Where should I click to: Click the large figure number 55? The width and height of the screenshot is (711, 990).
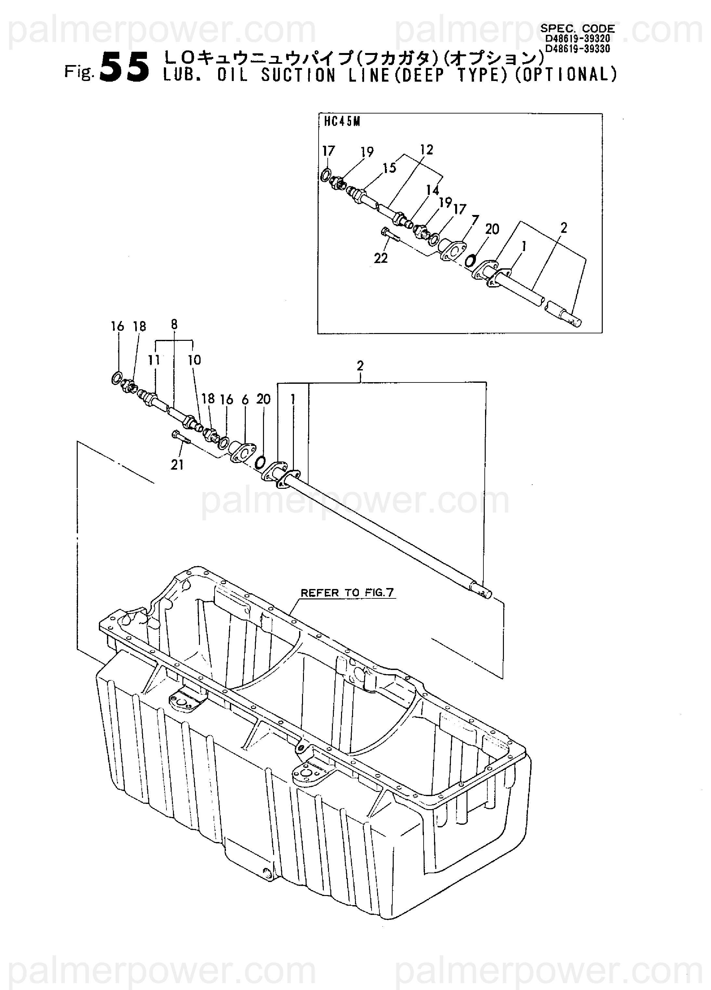point(125,67)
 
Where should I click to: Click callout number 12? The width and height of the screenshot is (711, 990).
point(427,150)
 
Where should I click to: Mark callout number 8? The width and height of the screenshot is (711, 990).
point(174,324)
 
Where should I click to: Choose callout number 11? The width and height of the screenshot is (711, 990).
point(154,360)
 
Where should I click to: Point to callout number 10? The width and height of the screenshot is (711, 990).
point(194,360)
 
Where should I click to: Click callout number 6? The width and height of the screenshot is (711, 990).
point(245,399)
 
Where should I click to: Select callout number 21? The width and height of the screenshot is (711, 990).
point(177,465)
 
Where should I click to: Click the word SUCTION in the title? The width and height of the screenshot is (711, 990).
point(298,75)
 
